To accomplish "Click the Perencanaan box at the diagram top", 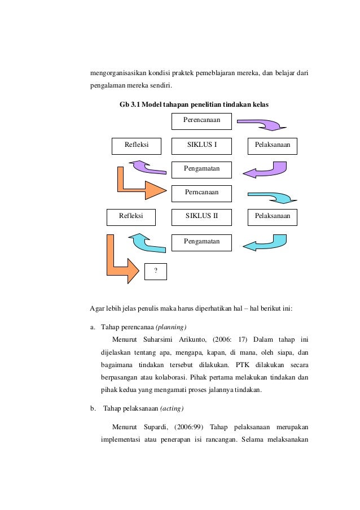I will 201,121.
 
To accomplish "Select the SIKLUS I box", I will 201,145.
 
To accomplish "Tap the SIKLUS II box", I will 201,217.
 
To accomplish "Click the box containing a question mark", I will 156,271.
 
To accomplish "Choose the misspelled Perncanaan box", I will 201,193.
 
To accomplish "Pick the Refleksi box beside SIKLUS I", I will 137,145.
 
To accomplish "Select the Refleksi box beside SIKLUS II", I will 131,217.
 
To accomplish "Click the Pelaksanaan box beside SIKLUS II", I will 273,217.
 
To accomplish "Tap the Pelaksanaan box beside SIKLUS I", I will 273,145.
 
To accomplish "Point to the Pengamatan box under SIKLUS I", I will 201,169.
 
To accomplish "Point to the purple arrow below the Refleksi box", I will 148,167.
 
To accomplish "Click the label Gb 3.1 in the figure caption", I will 129,105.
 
